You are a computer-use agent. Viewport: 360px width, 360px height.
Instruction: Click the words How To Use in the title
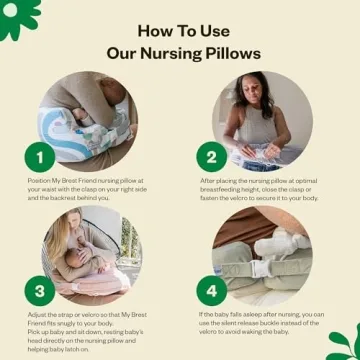(x=179, y=29)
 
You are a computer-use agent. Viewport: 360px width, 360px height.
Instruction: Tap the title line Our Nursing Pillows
(x=179, y=51)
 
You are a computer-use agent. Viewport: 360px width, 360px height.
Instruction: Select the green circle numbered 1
(x=40, y=156)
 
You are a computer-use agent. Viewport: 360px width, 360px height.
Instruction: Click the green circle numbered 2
(x=211, y=156)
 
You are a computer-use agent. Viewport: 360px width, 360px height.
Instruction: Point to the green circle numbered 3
(x=40, y=292)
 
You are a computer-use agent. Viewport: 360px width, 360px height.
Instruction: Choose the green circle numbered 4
(x=211, y=292)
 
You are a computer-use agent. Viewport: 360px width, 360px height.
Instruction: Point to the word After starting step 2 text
(x=207, y=181)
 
